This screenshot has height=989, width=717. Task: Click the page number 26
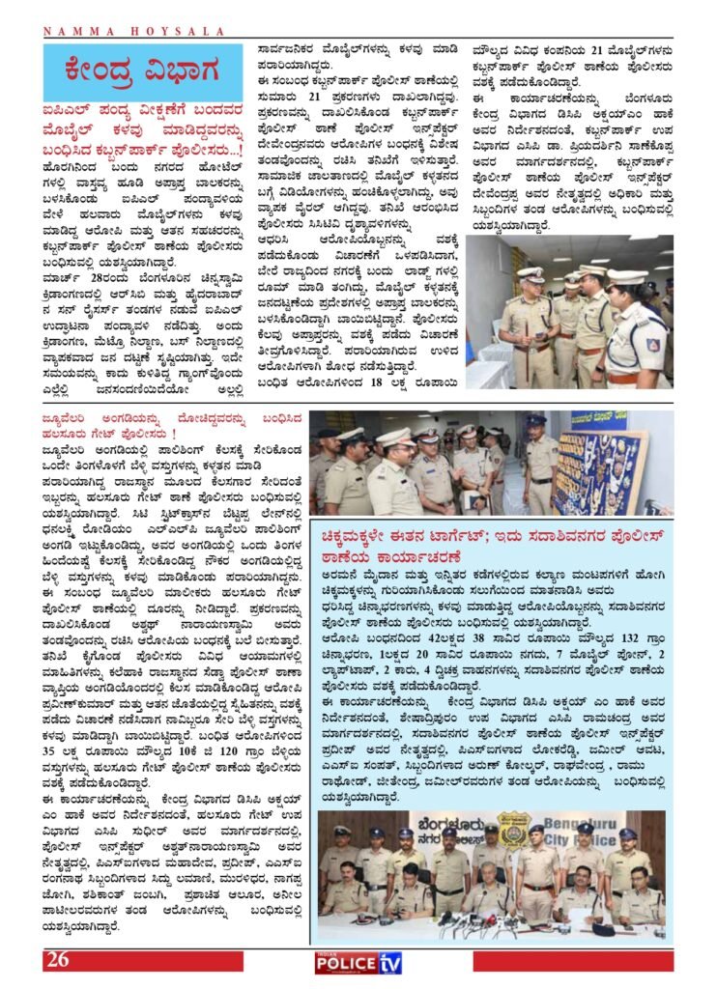56,959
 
